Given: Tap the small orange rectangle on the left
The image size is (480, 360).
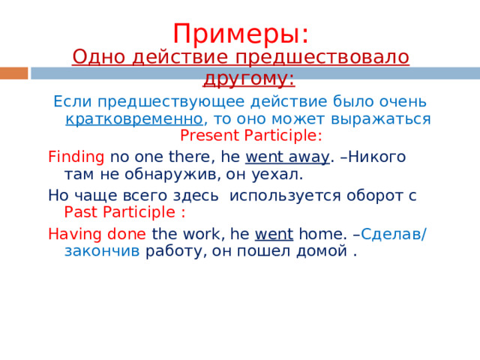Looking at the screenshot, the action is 13,73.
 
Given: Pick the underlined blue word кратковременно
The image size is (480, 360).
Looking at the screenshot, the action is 134,118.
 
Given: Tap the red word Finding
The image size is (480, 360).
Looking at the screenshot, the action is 76,157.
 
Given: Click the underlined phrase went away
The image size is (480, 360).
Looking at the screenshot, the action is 287,157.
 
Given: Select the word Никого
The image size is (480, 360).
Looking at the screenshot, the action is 376,157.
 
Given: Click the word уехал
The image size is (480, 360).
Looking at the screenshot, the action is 277,175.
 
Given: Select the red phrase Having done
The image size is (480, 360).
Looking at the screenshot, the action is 97,234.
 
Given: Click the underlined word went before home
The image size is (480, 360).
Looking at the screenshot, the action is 274,234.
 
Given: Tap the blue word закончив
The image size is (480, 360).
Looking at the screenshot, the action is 102,251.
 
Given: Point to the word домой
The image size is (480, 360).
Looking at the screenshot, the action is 322,252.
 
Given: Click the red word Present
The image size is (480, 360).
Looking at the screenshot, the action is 209,136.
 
